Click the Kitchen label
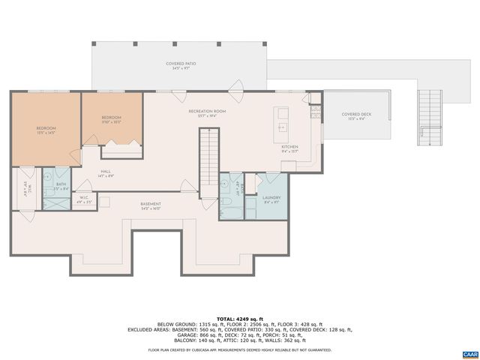click(x=289, y=148)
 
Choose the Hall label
click(x=106, y=172)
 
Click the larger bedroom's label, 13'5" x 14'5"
click(x=46, y=130)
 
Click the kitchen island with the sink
click(x=283, y=119)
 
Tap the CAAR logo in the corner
click(x=469, y=352)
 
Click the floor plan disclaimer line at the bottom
click(x=239, y=349)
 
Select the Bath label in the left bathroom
click(x=61, y=184)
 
